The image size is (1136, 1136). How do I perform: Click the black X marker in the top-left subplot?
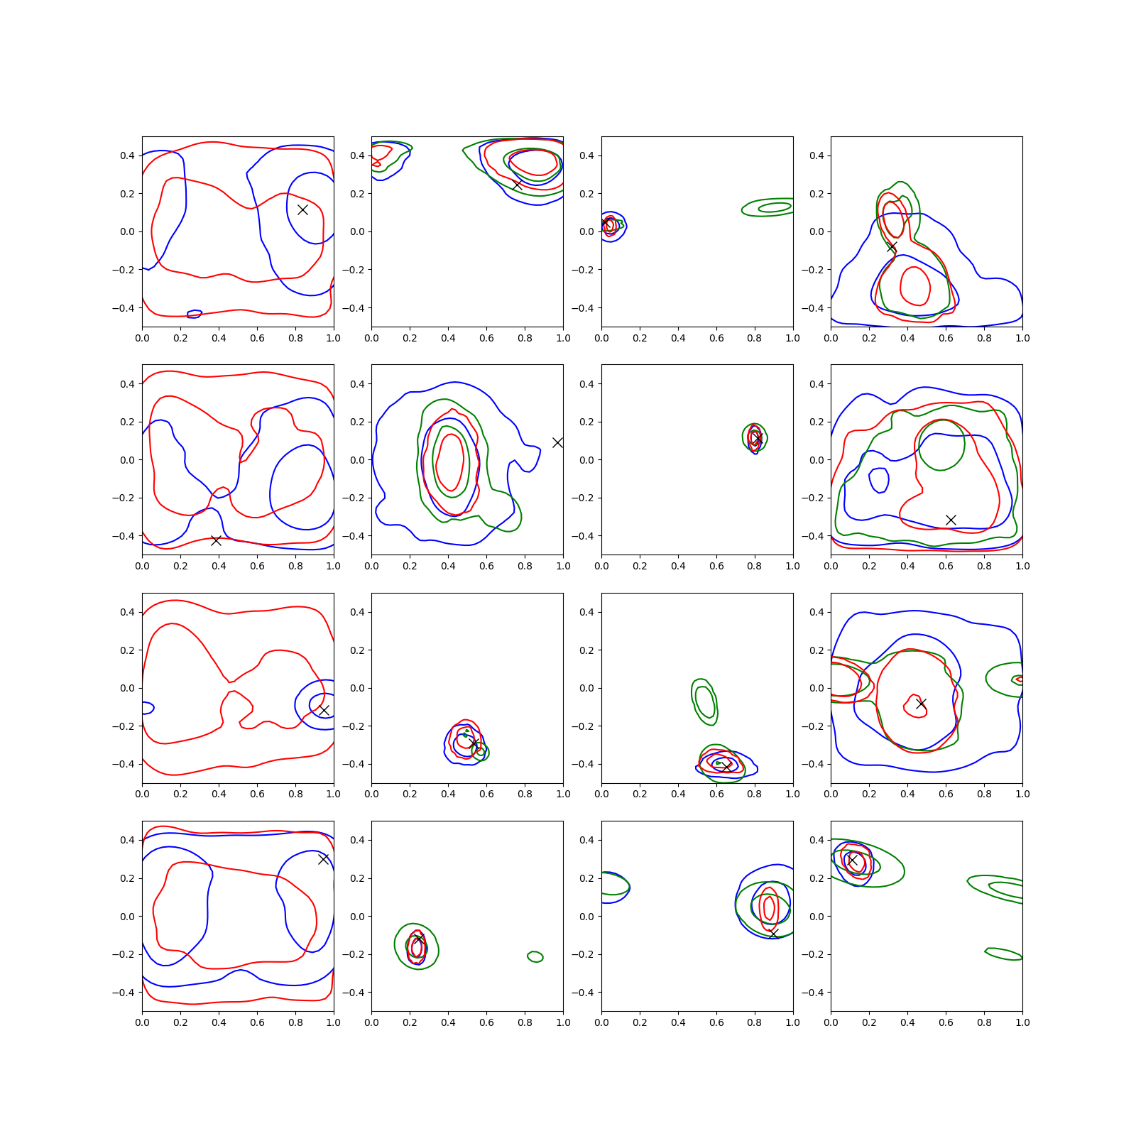click(x=302, y=209)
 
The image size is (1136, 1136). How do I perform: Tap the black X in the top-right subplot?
click(x=892, y=247)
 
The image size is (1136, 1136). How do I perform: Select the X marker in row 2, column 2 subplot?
click(x=557, y=442)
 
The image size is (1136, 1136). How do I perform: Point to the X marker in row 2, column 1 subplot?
click(x=216, y=540)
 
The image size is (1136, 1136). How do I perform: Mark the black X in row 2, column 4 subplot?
click(x=951, y=520)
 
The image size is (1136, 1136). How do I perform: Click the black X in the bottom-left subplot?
click(x=323, y=859)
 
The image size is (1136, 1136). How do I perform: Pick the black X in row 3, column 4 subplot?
click(x=921, y=704)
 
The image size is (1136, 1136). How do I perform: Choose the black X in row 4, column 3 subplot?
click(x=773, y=933)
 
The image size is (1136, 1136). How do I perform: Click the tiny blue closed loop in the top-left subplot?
click(x=195, y=314)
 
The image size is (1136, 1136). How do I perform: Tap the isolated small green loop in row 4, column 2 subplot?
click(x=535, y=956)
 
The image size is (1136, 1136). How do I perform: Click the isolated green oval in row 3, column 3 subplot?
click(x=704, y=701)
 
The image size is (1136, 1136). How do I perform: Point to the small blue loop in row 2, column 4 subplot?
click(x=879, y=481)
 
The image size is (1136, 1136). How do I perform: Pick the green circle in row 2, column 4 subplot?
click(x=941, y=444)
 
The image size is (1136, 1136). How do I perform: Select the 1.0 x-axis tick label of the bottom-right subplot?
click(x=1022, y=1022)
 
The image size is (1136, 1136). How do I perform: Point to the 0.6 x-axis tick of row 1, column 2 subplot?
click(x=486, y=338)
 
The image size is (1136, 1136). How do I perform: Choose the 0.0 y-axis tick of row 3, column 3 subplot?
click(x=587, y=688)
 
